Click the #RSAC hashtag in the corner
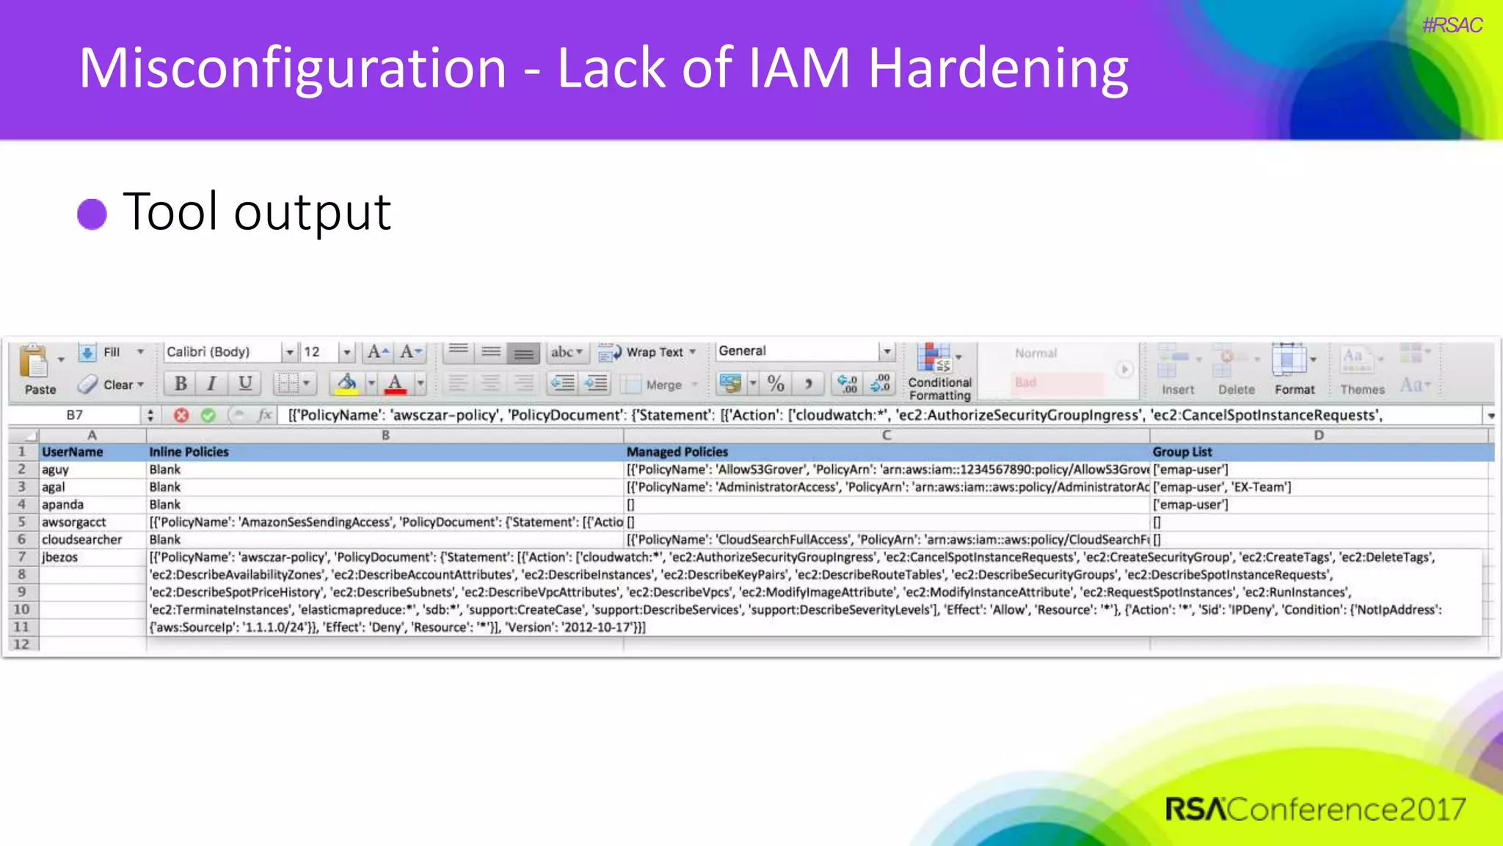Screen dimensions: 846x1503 pyautogui.click(x=1452, y=26)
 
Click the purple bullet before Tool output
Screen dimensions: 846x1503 pyautogui.click(x=92, y=214)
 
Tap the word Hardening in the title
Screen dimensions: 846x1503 pyautogui.click(x=998, y=68)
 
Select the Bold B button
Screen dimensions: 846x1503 pyautogui.click(x=181, y=383)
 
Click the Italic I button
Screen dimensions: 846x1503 pyautogui.click(x=212, y=383)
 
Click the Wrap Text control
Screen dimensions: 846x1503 pyautogui.click(x=647, y=352)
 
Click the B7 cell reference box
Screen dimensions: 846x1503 pyautogui.click(x=75, y=415)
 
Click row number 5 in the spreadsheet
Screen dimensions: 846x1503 pyautogui.click(x=22, y=522)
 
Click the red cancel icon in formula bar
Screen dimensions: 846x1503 pyautogui.click(x=181, y=415)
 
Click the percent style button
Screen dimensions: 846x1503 pyautogui.click(x=776, y=383)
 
